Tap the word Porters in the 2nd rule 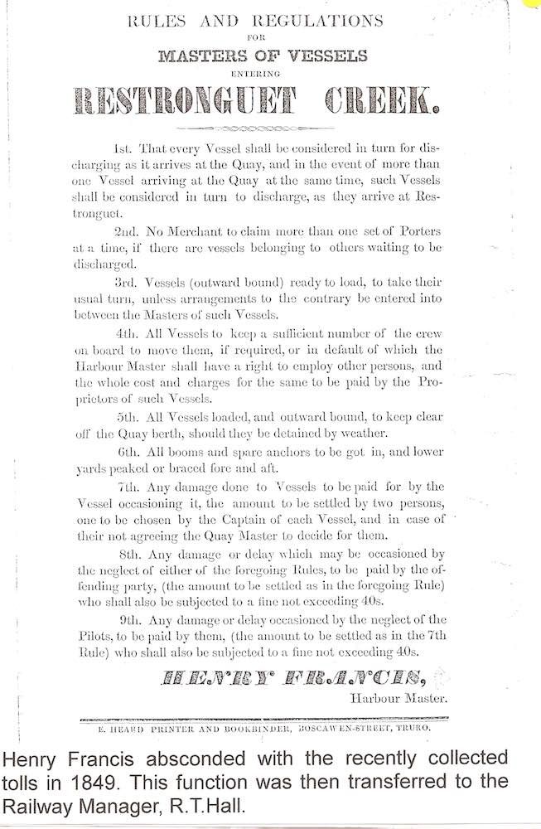tap(419, 234)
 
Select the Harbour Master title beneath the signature tap(399, 699)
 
